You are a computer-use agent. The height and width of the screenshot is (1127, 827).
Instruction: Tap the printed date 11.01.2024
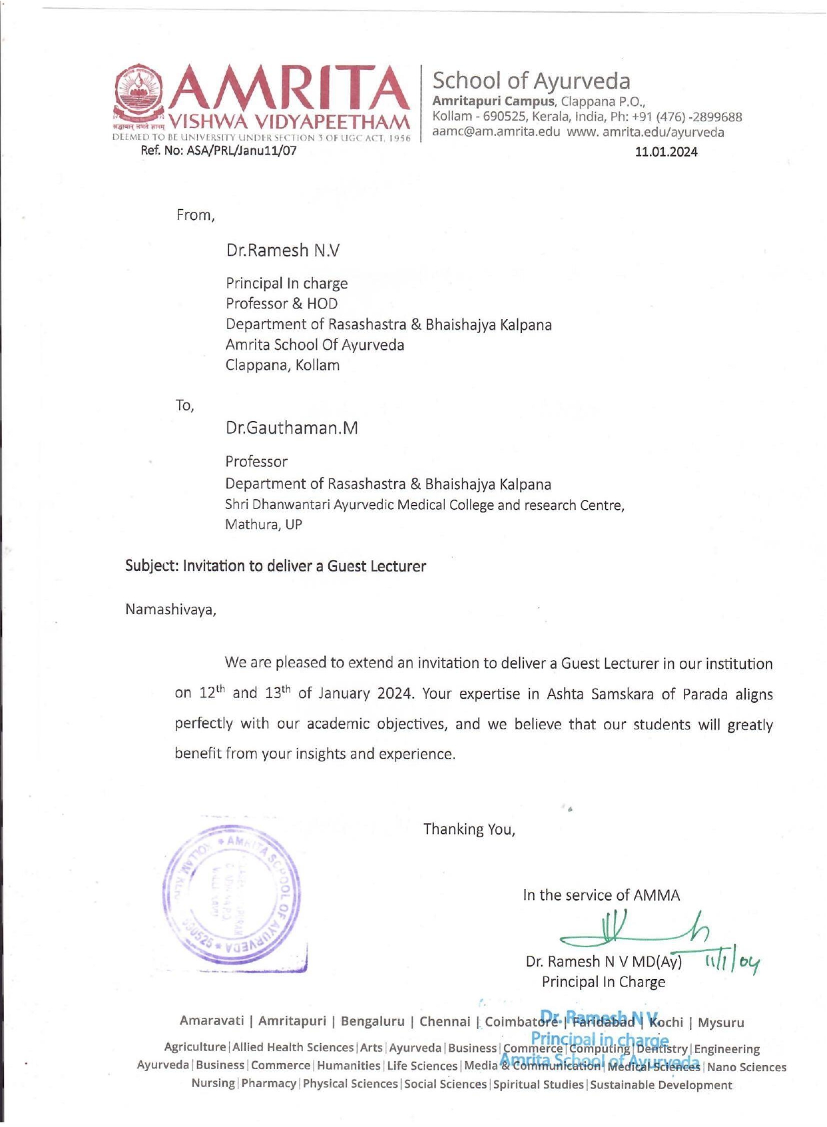[666, 152]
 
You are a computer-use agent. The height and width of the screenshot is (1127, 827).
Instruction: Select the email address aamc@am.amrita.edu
[496, 132]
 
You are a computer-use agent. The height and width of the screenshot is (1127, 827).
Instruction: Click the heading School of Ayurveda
[531, 81]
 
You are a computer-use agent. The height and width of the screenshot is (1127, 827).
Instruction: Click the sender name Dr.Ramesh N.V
[282, 250]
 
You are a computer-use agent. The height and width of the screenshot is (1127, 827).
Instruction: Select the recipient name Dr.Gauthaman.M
[291, 428]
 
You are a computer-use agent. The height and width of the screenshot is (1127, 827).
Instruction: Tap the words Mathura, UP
[263, 524]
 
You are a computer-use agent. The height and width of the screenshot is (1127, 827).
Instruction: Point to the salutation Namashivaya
[170, 609]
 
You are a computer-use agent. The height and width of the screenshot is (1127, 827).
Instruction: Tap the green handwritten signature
[633, 929]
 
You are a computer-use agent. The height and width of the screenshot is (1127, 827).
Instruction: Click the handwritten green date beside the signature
[731, 962]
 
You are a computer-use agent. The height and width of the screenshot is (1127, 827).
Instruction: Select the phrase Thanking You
[469, 829]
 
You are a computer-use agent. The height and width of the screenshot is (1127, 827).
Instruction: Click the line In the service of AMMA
[601, 895]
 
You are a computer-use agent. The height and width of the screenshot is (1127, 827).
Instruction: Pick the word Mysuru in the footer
[720, 1022]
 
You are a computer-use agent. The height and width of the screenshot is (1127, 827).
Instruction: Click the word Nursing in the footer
[213, 1083]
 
